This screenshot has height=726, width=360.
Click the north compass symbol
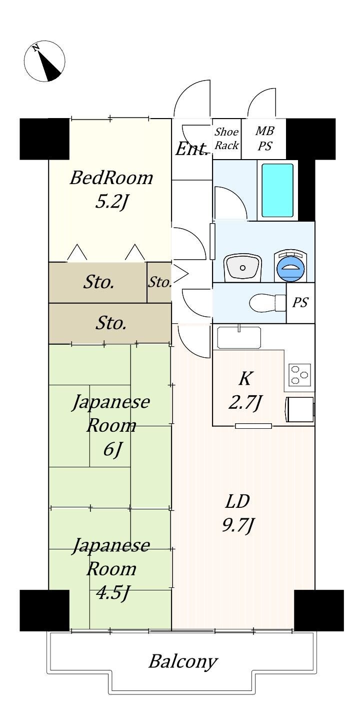pyautogui.click(x=45, y=61)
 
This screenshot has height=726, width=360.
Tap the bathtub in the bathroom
pyautogui.click(x=277, y=190)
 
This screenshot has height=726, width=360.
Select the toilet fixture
pyautogui.click(x=267, y=303)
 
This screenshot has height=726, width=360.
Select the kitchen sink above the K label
pyautogui.click(x=239, y=338)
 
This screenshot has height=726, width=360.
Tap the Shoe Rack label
pyautogui.click(x=226, y=139)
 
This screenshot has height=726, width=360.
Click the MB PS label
pyautogui.click(x=265, y=139)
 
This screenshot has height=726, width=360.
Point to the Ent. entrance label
pyautogui.click(x=191, y=149)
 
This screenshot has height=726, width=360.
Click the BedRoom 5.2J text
pyautogui.click(x=111, y=190)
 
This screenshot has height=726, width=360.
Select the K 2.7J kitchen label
pyautogui.click(x=245, y=391)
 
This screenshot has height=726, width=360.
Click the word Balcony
pyautogui.click(x=183, y=661)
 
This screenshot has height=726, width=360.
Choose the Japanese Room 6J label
pyautogui.click(x=110, y=425)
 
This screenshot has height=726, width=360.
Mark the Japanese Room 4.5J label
pyautogui.click(x=110, y=569)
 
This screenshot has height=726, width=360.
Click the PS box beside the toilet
pyautogui.click(x=300, y=303)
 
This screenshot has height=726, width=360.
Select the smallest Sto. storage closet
pyautogui.click(x=159, y=282)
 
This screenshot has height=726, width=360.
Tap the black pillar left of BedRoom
pyautogui.click(x=44, y=139)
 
